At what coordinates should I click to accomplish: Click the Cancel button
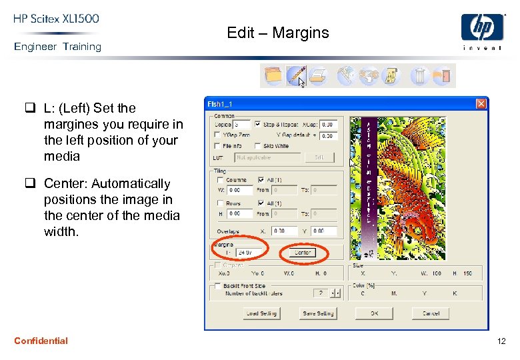pos(431,313)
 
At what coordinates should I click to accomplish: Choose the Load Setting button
pos(261,313)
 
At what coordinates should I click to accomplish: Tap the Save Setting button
pos(318,313)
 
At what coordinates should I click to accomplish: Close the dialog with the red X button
pos(481,104)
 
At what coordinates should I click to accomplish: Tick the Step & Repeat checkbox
pos(257,124)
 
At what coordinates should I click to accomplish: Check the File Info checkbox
pos(217,146)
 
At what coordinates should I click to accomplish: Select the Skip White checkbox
pos(257,146)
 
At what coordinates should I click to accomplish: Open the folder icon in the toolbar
pos(273,75)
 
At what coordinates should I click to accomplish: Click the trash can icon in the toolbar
pos(419,75)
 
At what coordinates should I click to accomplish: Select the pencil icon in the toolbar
pos(296,75)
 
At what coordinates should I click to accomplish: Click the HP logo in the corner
pos(482,31)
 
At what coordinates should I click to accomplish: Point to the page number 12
pos(501,341)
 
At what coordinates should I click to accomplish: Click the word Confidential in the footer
pos(41,341)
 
